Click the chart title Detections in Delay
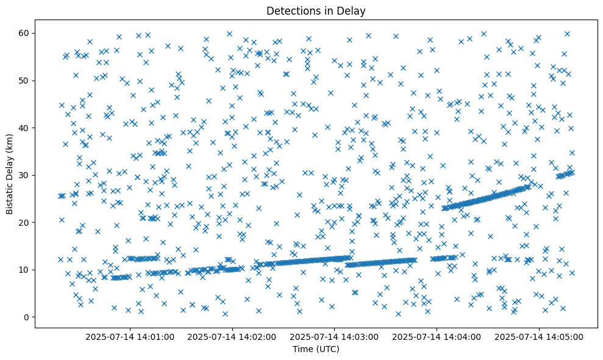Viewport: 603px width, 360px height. click(x=316, y=10)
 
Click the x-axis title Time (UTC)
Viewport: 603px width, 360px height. click(x=316, y=350)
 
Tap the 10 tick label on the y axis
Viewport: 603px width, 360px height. click(x=26, y=270)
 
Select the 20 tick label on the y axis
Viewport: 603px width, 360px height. click(x=26, y=223)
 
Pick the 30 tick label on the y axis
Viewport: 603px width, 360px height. click(x=26, y=175)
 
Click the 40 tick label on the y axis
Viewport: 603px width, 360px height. click(x=26, y=128)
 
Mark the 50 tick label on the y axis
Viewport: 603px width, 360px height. click(x=26, y=81)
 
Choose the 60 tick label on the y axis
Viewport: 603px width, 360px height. click(x=26, y=33)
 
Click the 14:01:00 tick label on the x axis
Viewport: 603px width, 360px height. click(x=130, y=336)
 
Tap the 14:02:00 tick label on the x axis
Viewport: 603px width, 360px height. click(x=232, y=336)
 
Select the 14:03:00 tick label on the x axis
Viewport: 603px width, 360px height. click(x=334, y=336)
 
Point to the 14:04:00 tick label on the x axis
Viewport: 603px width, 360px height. click(x=437, y=336)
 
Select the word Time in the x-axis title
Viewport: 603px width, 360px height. click(x=303, y=350)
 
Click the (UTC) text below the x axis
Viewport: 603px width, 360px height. click(x=327, y=350)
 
